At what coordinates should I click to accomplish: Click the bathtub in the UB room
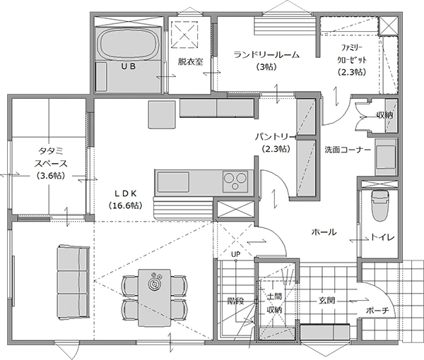coord(129,44)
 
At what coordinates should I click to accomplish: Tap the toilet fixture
coord(379,205)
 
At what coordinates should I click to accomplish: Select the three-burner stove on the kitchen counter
coord(235,181)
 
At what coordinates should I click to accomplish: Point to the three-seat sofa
coord(73,282)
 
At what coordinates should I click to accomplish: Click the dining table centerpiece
coord(155,283)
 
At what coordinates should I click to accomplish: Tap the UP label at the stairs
coord(235,254)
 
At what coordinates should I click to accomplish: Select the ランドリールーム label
coord(266,55)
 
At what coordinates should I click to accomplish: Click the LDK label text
coord(125,193)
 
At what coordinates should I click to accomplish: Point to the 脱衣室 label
coord(190,62)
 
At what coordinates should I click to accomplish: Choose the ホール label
coord(324,232)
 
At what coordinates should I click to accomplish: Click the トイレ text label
coord(382,237)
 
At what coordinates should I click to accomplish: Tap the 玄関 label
coord(327,300)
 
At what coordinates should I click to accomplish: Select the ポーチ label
coord(377,311)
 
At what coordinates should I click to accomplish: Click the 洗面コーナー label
coord(348,150)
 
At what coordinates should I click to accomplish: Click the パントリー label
coord(276,137)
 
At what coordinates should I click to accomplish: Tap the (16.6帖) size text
coord(125,205)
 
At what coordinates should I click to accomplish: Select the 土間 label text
coord(274,296)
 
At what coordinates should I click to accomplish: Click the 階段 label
coord(236,301)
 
